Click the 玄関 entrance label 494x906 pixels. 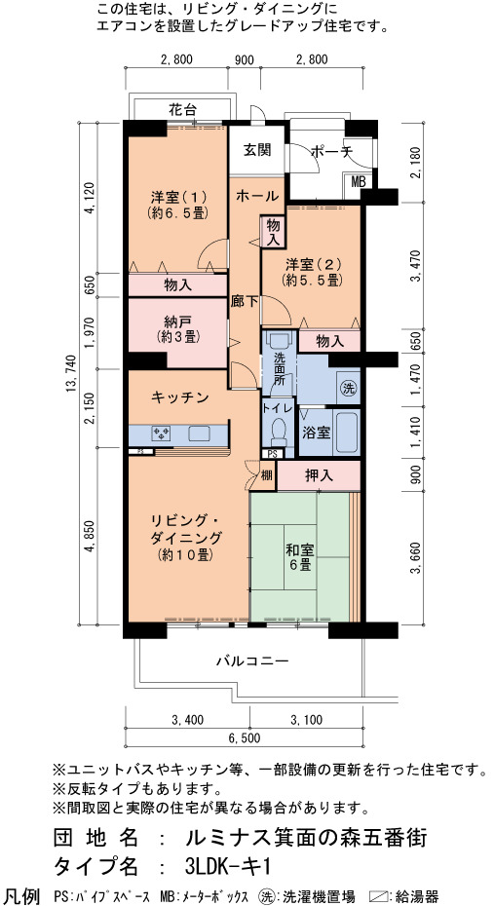(x=257, y=150)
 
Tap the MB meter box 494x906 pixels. (x=359, y=181)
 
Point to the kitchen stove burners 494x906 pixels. (x=161, y=433)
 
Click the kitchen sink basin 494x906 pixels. (x=200, y=433)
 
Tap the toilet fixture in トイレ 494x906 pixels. (x=278, y=431)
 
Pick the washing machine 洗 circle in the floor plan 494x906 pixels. (x=347, y=387)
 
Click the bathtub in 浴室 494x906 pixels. (x=348, y=433)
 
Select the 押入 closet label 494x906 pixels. (x=319, y=475)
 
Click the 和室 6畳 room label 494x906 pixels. (x=299, y=556)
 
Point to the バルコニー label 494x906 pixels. (x=252, y=660)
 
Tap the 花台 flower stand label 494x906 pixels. (x=182, y=109)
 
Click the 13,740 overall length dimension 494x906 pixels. (x=71, y=374)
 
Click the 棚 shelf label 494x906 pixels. (x=266, y=475)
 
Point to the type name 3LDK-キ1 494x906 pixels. (x=229, y=866)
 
